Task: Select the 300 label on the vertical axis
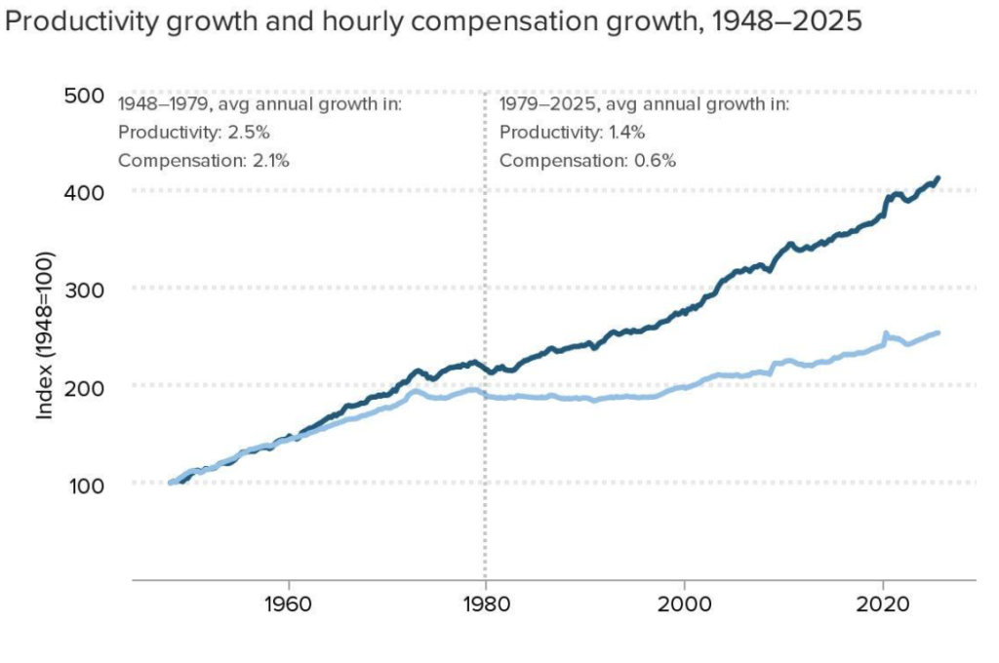pyautogui.click(x=84, y=289)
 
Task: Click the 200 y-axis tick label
pyautogui.click(x=84, y=386)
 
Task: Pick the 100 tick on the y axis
pyautogui.click(x=84, y=484)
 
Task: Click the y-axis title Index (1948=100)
pyautogui.click(x=45, y=336)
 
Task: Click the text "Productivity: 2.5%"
pyautogui.click(x=193, y=133)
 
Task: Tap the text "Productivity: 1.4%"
pyautogui.click(x=573, y=133)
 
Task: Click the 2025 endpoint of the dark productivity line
pyautogui.click(x=938, y=178)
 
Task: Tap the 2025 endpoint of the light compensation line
pyautogui.click(x=938, y=332)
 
